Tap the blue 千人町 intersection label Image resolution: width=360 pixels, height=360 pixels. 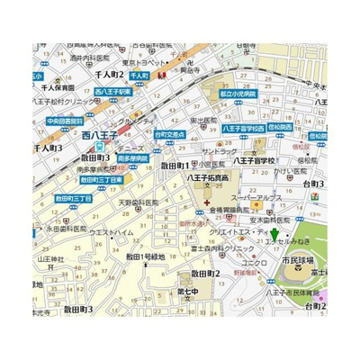click(138, 77)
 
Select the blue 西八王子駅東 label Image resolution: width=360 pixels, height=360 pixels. click(114, 91)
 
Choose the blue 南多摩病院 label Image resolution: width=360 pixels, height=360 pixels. click(132, 157)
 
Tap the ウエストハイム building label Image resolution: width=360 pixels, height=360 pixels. click(111, 232)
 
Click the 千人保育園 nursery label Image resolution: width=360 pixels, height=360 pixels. click(57, 90)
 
